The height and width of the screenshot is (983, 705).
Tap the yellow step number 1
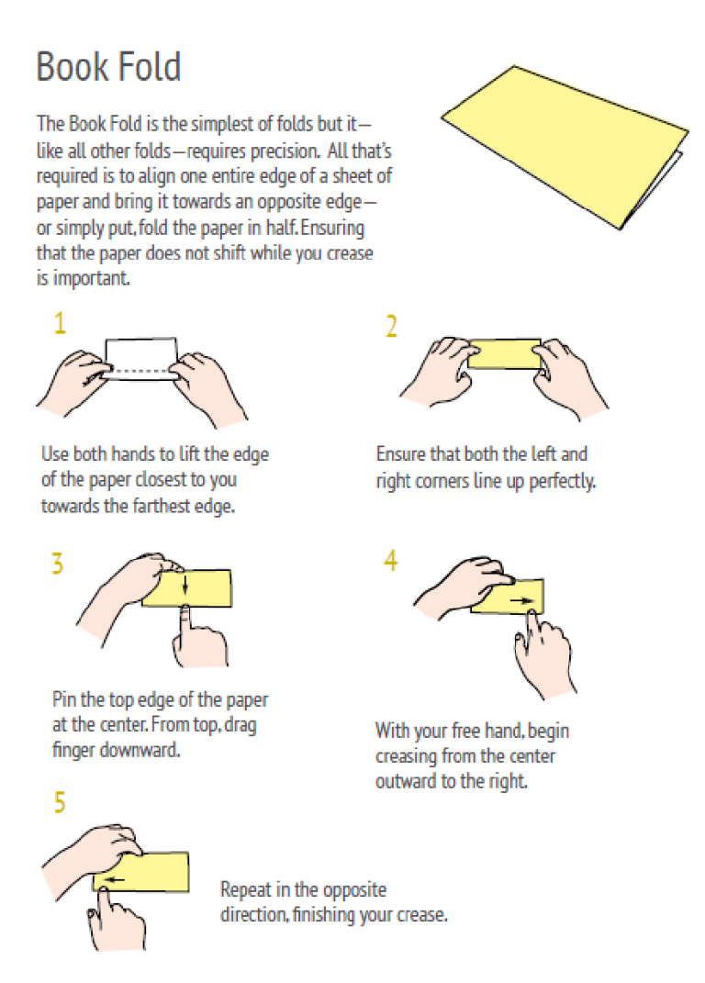[x=60, y=323]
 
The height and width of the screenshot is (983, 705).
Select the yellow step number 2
[x=391, y=327]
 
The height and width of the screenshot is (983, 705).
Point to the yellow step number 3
[x=58, y=564]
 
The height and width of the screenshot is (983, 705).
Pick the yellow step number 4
[x=391, y=560]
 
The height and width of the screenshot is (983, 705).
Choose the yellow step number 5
[x=60, y=802]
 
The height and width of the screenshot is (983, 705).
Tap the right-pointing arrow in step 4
[x=521, y=600]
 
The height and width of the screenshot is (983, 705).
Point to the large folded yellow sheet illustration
[x=564, y=145]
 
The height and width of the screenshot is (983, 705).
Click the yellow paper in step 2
[x=504, y=354]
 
